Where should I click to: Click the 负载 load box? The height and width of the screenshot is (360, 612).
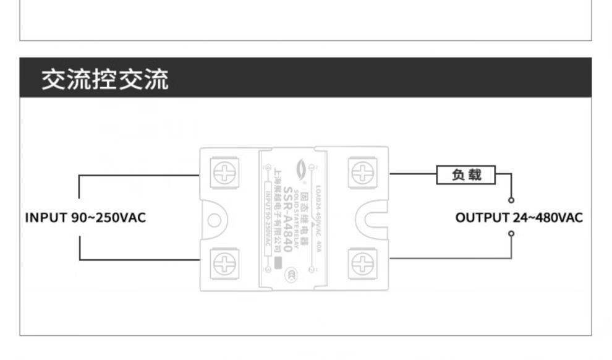[466, 175]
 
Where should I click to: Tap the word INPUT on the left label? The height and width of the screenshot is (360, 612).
[46, 218]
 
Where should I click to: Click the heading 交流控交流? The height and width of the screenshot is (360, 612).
[104, 80]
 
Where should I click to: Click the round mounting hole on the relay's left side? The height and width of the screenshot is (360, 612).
[215, 220]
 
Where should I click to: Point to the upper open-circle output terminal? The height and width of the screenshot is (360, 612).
[511, 200]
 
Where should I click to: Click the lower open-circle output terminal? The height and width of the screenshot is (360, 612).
[511, 233]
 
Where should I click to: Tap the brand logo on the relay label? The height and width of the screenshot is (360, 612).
[302, 167]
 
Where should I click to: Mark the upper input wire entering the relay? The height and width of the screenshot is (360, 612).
[139, 175]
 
